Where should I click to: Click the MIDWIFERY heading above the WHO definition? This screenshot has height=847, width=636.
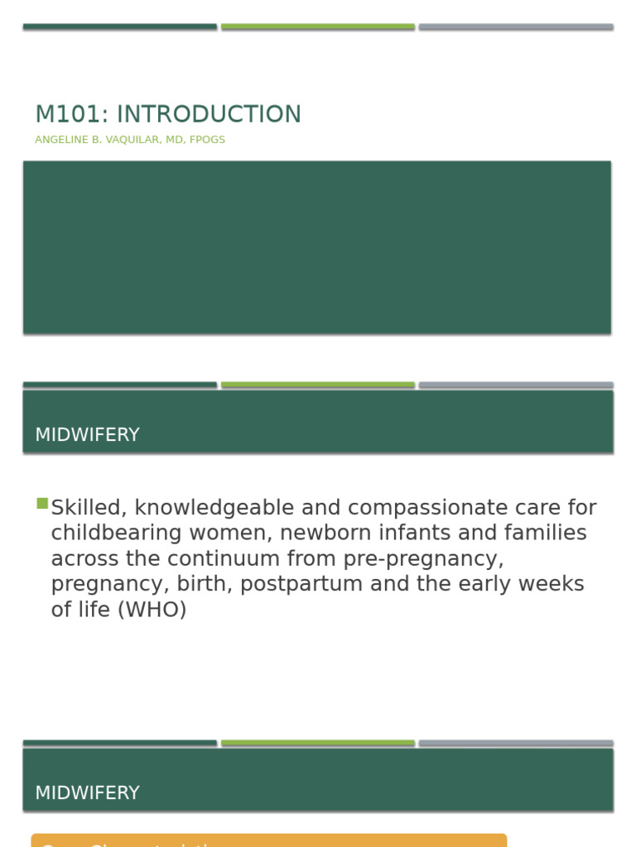click(87, 435)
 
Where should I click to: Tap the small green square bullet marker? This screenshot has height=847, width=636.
click(42, 503)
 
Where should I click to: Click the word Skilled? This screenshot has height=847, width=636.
click(86, 508)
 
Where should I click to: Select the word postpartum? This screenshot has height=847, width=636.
click(303, 585)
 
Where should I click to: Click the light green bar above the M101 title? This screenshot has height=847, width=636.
click(318, 26)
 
